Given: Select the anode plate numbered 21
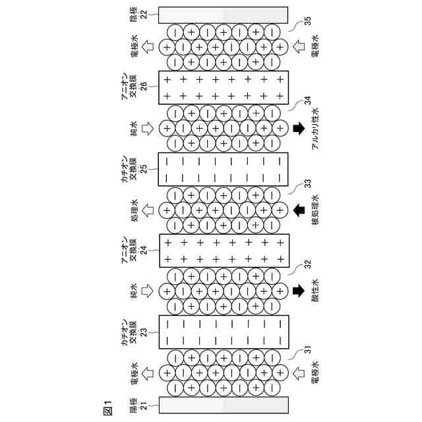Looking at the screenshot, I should click(x=224, y=405).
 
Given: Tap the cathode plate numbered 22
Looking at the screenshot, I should click(x=224, y=15).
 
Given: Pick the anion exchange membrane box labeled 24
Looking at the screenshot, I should click(x=224, y=251).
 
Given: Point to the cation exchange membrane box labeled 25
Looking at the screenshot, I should click(x=224, y=169).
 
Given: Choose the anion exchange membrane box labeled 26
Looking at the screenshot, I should click(x=224, y=87).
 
